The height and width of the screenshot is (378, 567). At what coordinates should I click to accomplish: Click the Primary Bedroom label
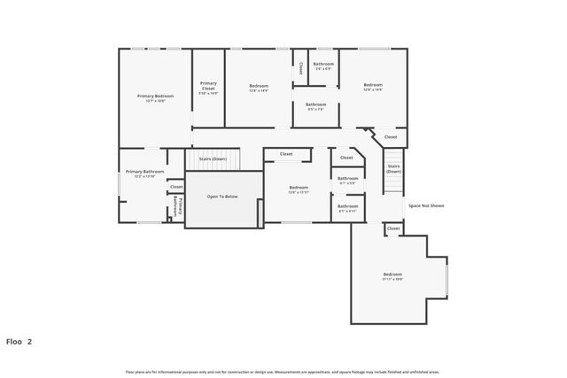155,97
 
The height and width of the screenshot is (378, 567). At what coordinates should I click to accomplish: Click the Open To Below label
222,197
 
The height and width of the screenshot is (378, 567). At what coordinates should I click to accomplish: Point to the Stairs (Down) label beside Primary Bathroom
213,158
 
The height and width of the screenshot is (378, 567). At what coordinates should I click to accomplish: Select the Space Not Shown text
425,205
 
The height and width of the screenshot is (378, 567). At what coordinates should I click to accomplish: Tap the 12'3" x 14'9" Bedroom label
258,88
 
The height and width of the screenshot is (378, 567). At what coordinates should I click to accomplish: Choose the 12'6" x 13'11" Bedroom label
299,189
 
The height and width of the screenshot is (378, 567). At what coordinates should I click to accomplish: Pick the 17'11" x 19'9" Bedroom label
392,276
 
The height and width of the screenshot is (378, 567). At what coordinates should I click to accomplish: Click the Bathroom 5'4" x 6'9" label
323,66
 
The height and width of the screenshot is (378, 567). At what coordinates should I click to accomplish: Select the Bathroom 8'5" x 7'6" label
315,106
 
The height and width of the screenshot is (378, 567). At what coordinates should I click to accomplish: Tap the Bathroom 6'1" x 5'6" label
347,181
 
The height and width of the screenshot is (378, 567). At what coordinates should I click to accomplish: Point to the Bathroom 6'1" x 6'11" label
347,209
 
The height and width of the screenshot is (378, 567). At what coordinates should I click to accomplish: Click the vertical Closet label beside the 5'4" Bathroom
300,67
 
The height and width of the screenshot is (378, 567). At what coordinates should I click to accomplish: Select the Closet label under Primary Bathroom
176,187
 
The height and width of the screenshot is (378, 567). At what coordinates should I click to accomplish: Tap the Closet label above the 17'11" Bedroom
393,228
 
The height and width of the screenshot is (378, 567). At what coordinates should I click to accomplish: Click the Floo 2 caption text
19,341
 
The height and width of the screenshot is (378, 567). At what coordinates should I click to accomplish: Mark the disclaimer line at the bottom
282,372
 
